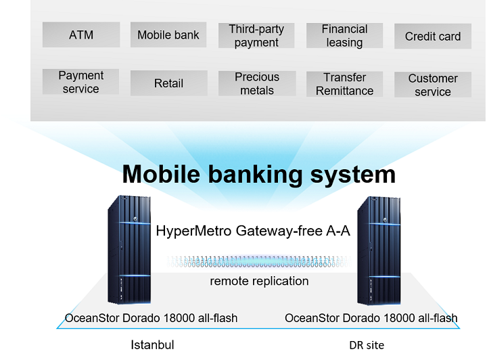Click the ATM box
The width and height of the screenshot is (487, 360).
pyautogui.click(x=81, y=35)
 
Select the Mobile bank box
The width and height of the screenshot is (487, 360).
pyautogui.click(x=168, y=35)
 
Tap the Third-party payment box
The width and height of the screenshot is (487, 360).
pyautogui.click(x=256, y=35)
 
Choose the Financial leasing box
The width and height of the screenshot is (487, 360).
pyautogui.click(x=344, y=35)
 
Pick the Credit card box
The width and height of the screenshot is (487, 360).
pyautogui.click(x=433, y=36)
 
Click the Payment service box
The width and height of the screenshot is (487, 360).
pyautogui.click(x=80, y=82)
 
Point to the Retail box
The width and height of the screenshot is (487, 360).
pyautogui.click(x=168, y=83)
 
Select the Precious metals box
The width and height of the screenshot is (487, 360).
pyautogui.click(x=257, y=83)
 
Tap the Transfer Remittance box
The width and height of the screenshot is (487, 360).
pyautogui.click(x=344, y=84)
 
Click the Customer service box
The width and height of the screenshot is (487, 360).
pyautogui.click(x=433, y=85)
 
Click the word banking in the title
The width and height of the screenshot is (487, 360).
pyautogui.click(x=255, y=175)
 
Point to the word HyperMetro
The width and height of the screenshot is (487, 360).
pyautogui.click(x=194, y=231)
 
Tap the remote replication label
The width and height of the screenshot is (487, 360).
pyautogui.click(x=259, y=281)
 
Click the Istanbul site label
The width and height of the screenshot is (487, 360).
pyautogui.click(x=152, y=345)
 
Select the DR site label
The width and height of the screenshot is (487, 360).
pyautogui.click(x=367, y=345)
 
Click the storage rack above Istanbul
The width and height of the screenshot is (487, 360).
pyautogui.click(x=129, y=250)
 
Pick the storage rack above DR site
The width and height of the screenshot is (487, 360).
pyautogui.click(x=379, y=250)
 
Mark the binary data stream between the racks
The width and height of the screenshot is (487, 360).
pyautogui.click(x=259, y=261)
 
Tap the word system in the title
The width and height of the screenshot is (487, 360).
pyautogui.click(x=353, y=175)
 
